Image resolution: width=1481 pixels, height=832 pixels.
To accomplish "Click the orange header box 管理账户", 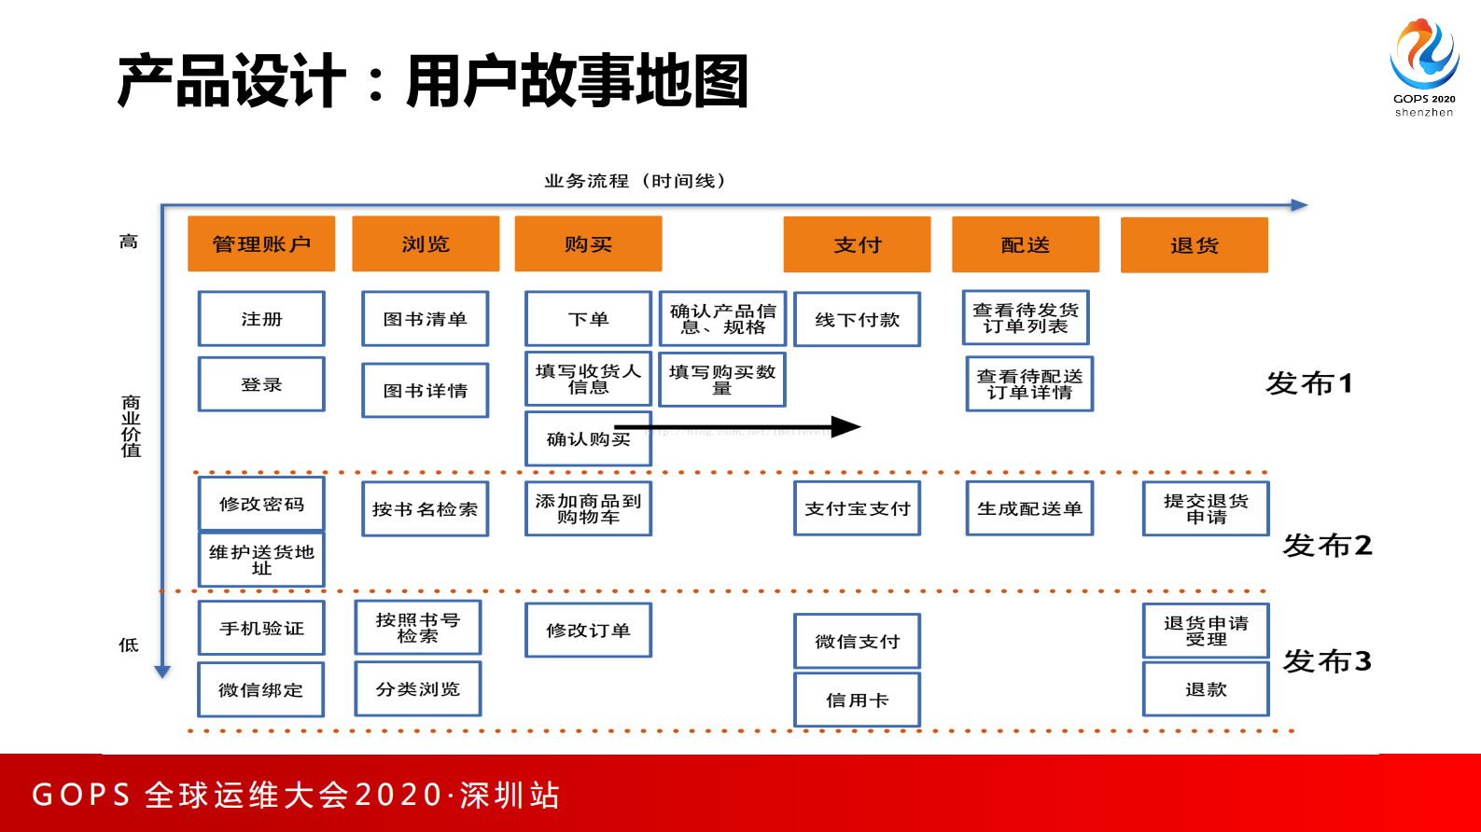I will click(261, 244).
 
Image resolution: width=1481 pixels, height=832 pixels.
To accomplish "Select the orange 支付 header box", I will click(857, 244).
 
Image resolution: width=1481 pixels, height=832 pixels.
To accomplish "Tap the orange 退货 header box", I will click(1194, 245).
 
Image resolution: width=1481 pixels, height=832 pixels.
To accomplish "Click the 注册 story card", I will click(261, 319).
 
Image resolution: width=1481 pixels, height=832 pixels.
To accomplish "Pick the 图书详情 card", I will click(425, 390).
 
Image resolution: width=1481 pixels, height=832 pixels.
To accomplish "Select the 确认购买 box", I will click(588, 438).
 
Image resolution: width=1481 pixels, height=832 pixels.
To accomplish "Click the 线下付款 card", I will click(857, 320).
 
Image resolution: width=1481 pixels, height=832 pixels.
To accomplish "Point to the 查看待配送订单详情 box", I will click(1029, 384).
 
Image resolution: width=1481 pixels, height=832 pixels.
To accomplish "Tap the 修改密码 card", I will click(261, 504).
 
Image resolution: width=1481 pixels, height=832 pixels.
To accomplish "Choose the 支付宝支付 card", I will click(857, 508).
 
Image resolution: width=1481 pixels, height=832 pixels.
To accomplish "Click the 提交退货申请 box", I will click(1206, 508).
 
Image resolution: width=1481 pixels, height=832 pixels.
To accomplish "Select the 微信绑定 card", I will click(261, 690).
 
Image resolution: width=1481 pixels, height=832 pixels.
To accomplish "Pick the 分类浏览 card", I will click(417, 689).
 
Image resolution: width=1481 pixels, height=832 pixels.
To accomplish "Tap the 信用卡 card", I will click(857, 700).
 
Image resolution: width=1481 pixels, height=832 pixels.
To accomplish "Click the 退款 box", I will click(1206, 689).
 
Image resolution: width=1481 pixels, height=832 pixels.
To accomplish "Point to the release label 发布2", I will click(1327, 546).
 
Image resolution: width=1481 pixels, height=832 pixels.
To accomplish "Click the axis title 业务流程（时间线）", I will click(635, 181).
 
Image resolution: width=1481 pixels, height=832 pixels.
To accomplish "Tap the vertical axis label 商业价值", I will click(131, 426).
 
